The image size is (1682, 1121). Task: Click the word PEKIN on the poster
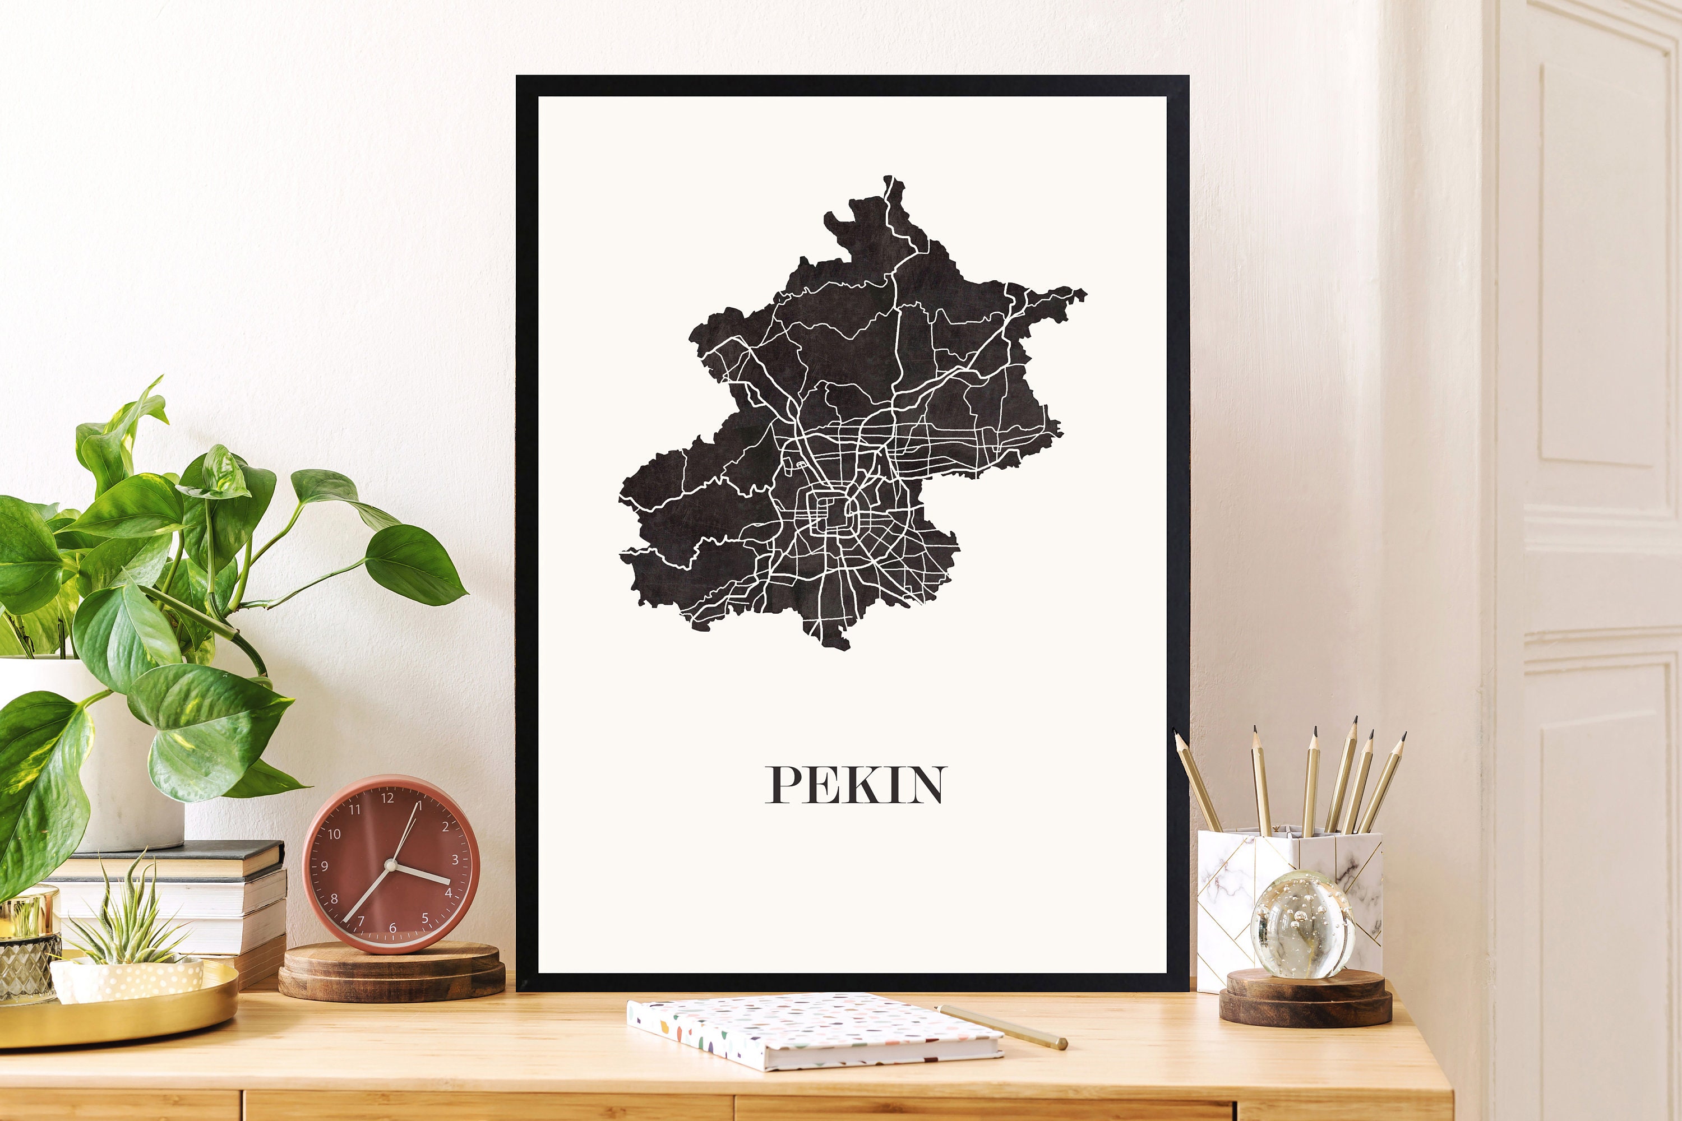tap(856, 785)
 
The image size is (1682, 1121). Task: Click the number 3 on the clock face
tap(455, 860)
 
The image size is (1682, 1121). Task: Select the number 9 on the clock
tap(325, 867)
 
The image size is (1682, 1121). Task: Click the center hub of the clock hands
tap(390, 865)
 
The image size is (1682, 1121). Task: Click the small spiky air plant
tap(129, 919)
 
